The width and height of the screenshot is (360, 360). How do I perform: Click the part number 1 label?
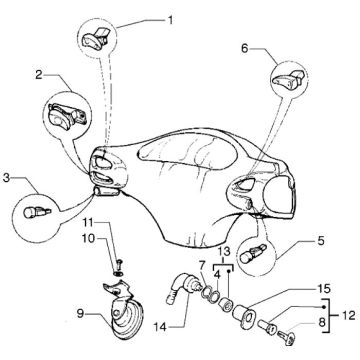pyautogui.click(x=170, y=21)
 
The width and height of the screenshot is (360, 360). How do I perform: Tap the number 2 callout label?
pyautogui.click(x=39, y=75)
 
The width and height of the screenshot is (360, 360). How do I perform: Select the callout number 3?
pyautogui.click(x=6, y=178)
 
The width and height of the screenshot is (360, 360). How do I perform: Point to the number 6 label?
pyautogui.click(x=245, y=49)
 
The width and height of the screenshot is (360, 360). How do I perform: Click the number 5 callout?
pyautogui.click(x=320, y=241)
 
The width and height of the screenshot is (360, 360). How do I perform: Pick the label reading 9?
pyautogui.click(x=80, y=314)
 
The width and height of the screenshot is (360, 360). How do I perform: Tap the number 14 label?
pyautogui.click(x=160, y=327)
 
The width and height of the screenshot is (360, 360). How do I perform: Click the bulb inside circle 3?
pyautogui.click(x=36, y=212)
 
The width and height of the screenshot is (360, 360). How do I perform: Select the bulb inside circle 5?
pyautogui.click(x=253, y=255)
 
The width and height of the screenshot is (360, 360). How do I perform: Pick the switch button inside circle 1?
pyautogui.click(x=96, y=37)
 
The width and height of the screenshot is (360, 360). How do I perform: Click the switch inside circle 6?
pyautogui.click(x=289, y=79)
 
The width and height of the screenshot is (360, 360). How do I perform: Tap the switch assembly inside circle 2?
pyautogui.click(x=67, y=115)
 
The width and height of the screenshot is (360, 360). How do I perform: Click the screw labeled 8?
pyautogui.click(x=287, y=336)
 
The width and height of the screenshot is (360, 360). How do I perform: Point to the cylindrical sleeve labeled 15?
pyautogui.click(x=244, y=315)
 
